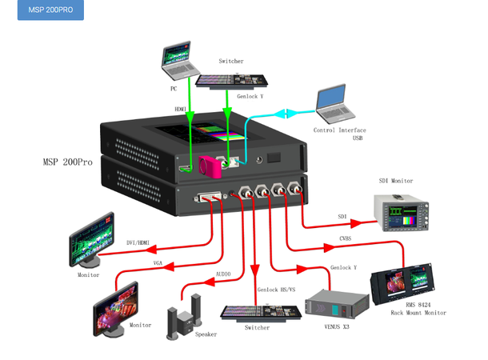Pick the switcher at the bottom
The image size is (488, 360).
point(259,312)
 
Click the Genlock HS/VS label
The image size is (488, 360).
point(276,290)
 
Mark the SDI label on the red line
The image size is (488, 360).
point(342,217)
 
